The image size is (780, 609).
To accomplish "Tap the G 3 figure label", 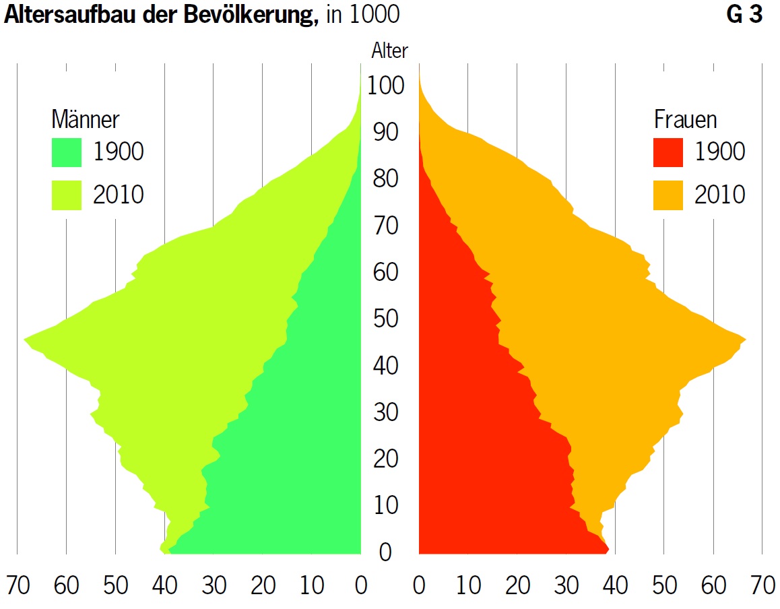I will (x=744, y=15).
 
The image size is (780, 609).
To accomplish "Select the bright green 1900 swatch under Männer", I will (x=66, y=152).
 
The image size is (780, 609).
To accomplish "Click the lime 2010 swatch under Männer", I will (x=66, y=195).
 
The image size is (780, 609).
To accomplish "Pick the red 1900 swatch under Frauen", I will (x=668, y=152).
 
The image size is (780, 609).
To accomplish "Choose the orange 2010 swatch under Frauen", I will (x=668, y=195).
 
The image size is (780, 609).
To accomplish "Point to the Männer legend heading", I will (x=86, y=120).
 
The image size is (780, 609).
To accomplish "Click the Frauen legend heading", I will (x=685, y=120).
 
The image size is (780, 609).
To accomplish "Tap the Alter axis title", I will (x=389, y=51).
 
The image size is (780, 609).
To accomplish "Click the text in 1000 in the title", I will (x=363, y=15).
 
